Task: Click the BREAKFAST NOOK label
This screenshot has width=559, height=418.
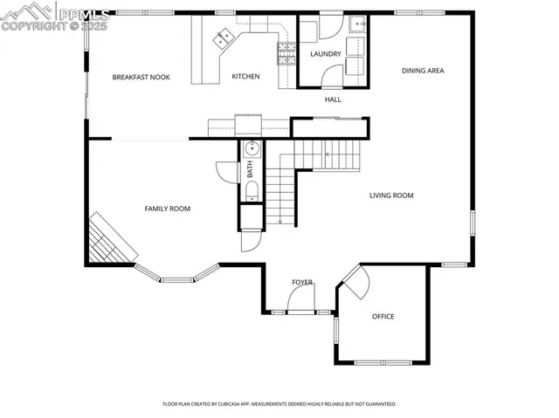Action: (x=141, y=78)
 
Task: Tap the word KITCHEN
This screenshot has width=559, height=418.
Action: (x=245, y=77)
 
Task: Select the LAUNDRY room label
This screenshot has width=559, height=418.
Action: (x=325, y=54)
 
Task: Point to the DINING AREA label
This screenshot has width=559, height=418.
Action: (x=423, y=71)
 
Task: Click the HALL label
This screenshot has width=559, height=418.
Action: (x=333, y=99)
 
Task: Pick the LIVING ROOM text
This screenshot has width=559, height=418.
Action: (x=391, y=195)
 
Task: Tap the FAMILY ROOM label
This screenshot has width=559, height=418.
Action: (x=167, y=209)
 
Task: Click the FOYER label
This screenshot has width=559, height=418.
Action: (x=302, y=283)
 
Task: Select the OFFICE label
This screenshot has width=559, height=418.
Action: (x=383, y=316)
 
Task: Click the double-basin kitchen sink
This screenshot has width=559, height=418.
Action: (x=223, y=36)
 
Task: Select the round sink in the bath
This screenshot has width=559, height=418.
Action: (x=250, y=147)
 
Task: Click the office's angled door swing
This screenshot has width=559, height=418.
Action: (x=355, y=284)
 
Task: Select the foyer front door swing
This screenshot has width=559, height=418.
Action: (x=301, y=302)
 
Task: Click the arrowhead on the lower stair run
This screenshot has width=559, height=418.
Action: (x=280, y=221)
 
